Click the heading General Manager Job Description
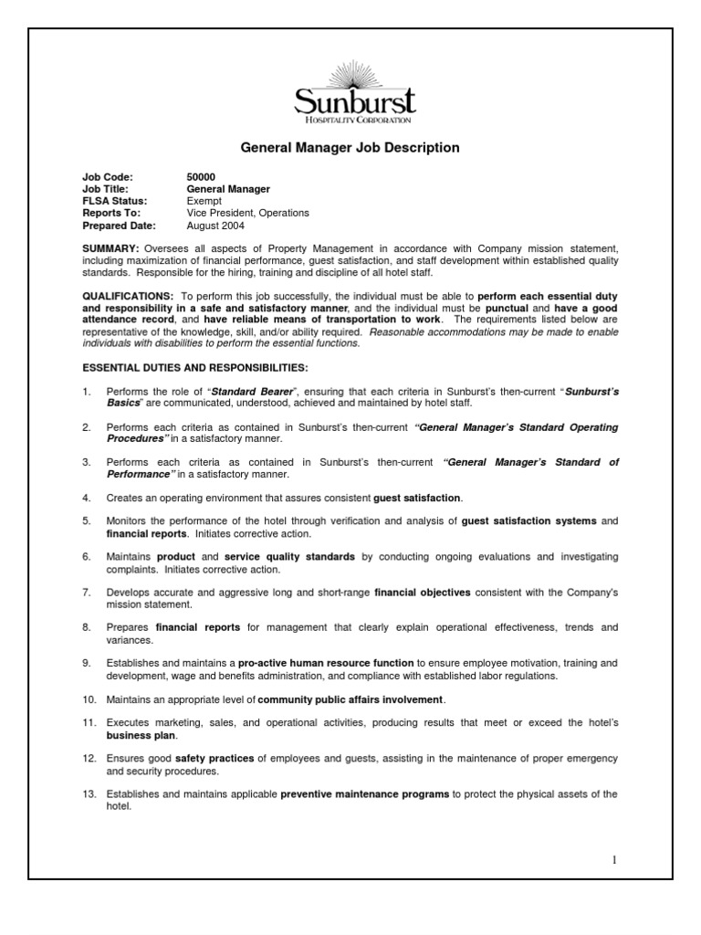pyautogui.click(x=350, y=147)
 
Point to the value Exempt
pyautogui.click(x=204, y=201)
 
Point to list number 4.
pyautogui.click(x=87, y=498)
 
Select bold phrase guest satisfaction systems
pyautogui.click(x=529, y=521)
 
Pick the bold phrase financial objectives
pyautogui.click(x=423, y=593)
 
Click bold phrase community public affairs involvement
pyautogui.click(x=351, y=699)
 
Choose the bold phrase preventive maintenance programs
pyautogui.click(x=365, y=794)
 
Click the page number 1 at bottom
pyautogui.click(x=615, y=859)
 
